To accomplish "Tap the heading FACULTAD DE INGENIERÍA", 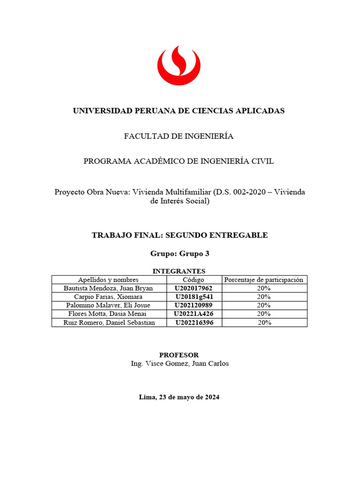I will [179, 136].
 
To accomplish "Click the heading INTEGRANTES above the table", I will [179, 271].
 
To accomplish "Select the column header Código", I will [194, 279].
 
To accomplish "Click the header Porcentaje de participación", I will [263, 279].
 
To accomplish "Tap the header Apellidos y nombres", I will [108, 279].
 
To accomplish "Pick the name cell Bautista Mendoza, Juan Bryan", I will [108, 288].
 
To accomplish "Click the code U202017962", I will [194, 288].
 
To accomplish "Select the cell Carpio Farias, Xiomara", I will [108, 297].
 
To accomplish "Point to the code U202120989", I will [194, 305].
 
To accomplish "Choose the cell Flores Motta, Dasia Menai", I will [108, 314].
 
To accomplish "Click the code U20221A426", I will [194, 314].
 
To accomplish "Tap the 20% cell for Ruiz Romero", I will [264, 322].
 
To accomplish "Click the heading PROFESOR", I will [179, 355].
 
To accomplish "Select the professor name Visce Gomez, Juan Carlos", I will [187, 363].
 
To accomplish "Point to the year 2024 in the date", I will [211, 397].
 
